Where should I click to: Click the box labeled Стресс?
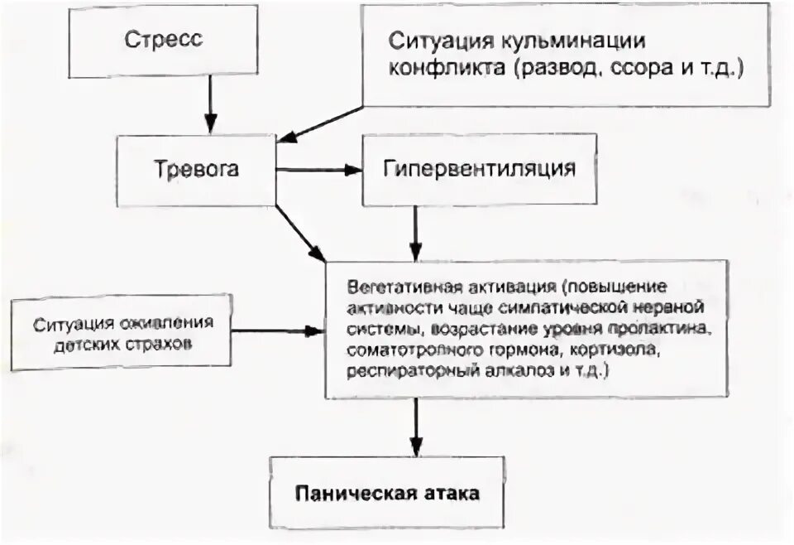click(x=164, y=40)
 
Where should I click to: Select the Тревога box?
click(x=196, y=170)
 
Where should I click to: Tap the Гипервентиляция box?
click(x=479, y=170)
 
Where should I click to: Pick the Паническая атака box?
click(x=387, y=493)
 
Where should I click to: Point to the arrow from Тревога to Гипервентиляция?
click(x=319, y=171)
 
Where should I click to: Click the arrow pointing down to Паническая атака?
click(x=417, y=427)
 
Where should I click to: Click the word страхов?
click(x=163, y=341)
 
